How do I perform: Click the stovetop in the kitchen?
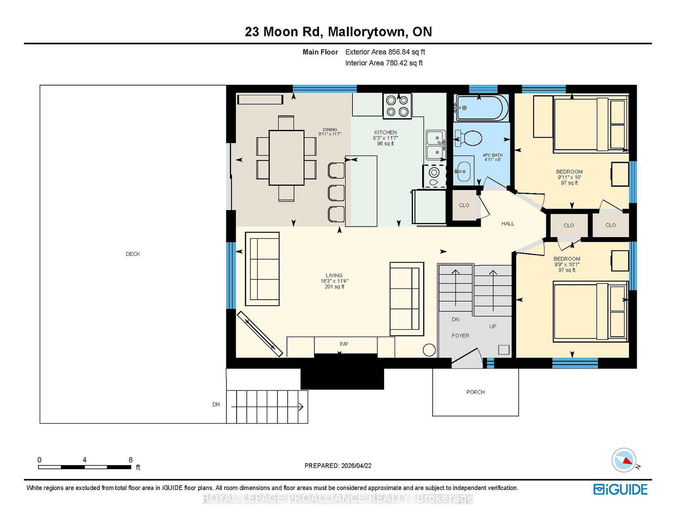[x=397, y=106]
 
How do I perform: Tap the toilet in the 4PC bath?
[x=469, y=138]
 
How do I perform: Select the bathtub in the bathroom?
[x=482, y=108]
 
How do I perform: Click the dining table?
[x=286, y=157]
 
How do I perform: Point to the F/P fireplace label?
[x=344, y=344]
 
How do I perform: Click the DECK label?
[x=133, y=254]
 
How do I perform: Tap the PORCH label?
[x=475, y=392]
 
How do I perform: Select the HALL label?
[x=508, y=223]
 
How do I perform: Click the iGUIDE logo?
[x=620, y=490]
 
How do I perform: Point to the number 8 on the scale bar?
[x=131, y=460]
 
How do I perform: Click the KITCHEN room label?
[x=385, y=133]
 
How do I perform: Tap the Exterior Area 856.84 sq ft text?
[x=385, y=52]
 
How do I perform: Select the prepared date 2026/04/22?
[x=356, y=465]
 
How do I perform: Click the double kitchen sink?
[x=436, y=145]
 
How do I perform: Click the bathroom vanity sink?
[x=463, y=171]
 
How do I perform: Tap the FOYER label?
[x=461, y=335]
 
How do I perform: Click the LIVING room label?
[x=334, y=275]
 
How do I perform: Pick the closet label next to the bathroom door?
[x=464, y=205]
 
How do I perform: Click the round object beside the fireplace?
[x=429, y=349]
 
